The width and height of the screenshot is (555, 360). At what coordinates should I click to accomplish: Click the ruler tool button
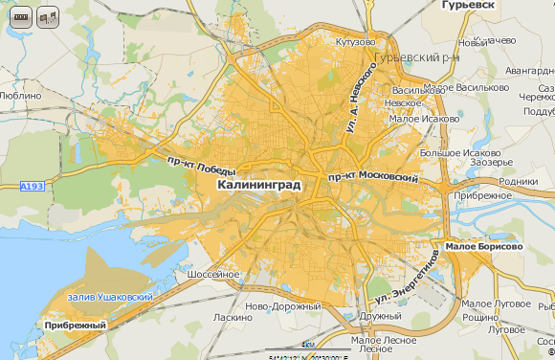pyautogui.click(x=20, y=17)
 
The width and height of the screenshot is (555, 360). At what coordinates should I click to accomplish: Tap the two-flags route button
pyautogui.click(x=47, y=17)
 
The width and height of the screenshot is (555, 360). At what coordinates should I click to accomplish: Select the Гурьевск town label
pyautogui.click(x=470, y=6)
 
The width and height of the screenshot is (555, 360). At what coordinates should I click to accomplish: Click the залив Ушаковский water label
pyautogui.click(x=111, y=298)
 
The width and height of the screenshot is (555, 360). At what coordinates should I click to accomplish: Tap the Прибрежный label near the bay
pyautogui.click(x=75, y=326)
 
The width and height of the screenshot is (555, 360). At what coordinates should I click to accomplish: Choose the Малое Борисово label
pyautogui.click(x=484, y=246)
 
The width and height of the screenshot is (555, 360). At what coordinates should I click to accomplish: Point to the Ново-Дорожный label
pyautogui.click(x=282, y=306)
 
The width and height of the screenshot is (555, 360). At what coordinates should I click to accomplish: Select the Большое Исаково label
pyautogui.click(x=460, y=152)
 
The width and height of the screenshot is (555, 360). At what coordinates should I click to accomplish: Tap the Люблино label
pyautogui.click(x=21, y=96)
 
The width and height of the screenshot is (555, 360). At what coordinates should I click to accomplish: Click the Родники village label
pyautogui.click(x=519, y=180)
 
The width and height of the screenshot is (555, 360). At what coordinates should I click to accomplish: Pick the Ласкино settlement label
pyautogui.click(x=233, y=317)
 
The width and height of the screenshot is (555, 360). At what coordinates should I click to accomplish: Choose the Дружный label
pyautogui.click(x=381, y=316)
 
